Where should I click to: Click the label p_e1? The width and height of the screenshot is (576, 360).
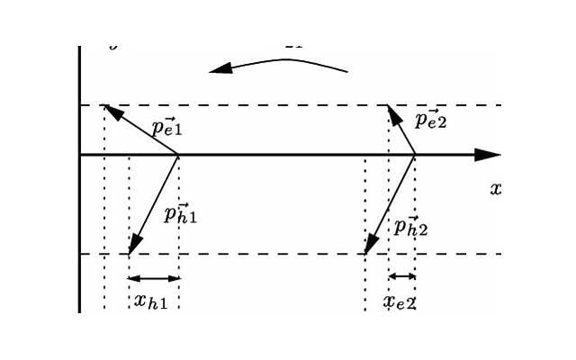pos(166,127)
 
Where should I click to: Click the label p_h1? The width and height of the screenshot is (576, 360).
pos(181,213)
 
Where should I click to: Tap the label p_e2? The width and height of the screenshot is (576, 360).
pos(431,120)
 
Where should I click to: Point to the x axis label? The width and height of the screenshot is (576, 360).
pos(495,189)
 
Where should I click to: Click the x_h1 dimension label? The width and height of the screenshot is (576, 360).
pos(150,301)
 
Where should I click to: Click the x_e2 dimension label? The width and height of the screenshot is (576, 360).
pos(399,302)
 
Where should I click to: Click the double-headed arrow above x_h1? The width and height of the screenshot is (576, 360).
pos(154,278)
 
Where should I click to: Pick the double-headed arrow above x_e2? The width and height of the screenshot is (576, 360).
pos(401,276)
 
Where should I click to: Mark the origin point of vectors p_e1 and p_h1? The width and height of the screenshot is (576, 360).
pos(178,155)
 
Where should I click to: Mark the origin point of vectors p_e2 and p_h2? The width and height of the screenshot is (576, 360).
pos(415,155)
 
